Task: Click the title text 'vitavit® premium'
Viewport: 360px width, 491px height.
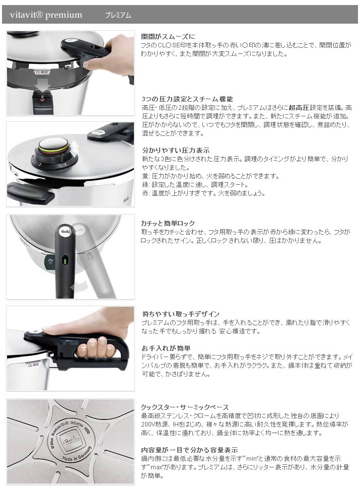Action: [46, 15]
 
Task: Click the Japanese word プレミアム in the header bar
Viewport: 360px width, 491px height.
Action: [118, 15]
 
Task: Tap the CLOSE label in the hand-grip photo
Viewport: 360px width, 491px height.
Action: [33, 365]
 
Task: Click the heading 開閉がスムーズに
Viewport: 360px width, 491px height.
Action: [168, 36]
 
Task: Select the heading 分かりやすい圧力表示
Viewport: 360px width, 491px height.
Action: [175, 150]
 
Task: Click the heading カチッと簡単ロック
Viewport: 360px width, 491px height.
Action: [168, 223]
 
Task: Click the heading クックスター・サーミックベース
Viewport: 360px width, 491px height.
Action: [185, 407]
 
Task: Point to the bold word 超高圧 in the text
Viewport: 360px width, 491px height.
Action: [297, 108]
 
